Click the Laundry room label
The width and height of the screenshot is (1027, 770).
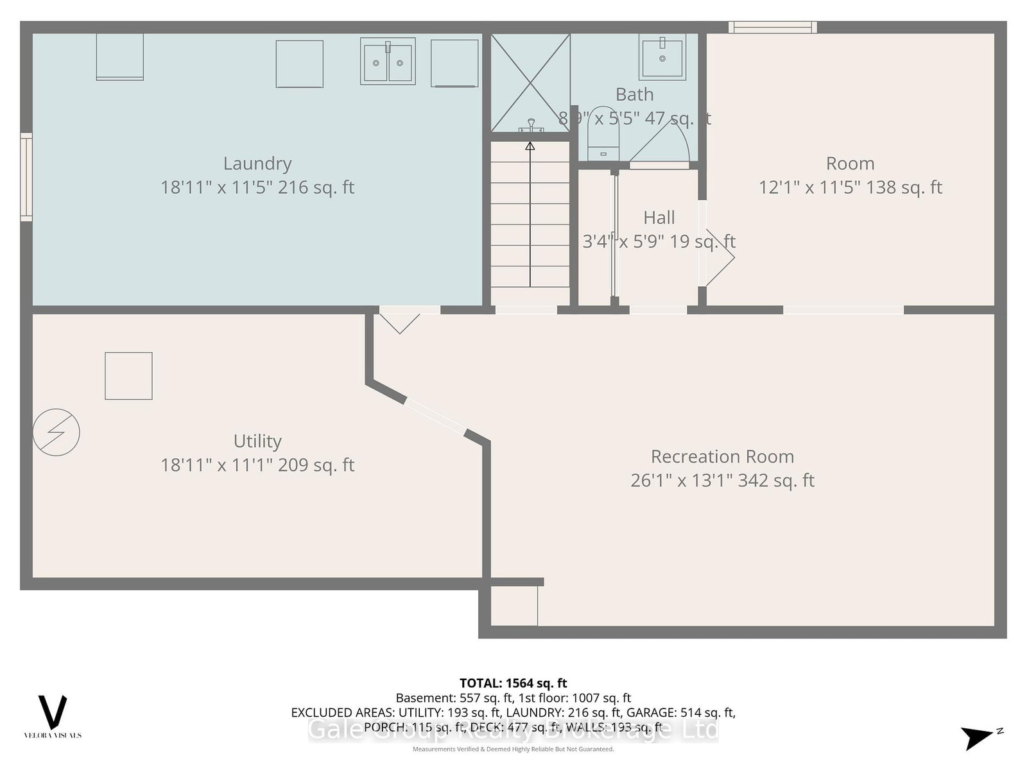257,164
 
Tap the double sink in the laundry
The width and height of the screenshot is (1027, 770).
388,62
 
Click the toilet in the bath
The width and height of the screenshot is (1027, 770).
603,135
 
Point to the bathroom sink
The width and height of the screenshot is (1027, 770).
662,57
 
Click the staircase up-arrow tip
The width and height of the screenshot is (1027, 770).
530,146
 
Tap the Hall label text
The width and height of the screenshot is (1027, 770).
659,218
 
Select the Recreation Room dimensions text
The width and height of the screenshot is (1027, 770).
722,481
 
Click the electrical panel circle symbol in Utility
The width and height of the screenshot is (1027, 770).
56,432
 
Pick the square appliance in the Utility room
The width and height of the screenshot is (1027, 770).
128,376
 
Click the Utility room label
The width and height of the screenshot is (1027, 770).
257,441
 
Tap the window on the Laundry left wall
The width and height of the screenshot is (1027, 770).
26,177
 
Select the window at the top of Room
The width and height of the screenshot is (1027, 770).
773,27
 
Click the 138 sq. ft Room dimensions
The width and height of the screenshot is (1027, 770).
850,187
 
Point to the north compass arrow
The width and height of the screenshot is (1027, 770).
978,737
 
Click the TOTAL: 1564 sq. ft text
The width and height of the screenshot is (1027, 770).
513,683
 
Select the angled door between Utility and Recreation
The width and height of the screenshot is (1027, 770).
436,417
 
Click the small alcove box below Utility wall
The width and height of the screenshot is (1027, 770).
514,606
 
